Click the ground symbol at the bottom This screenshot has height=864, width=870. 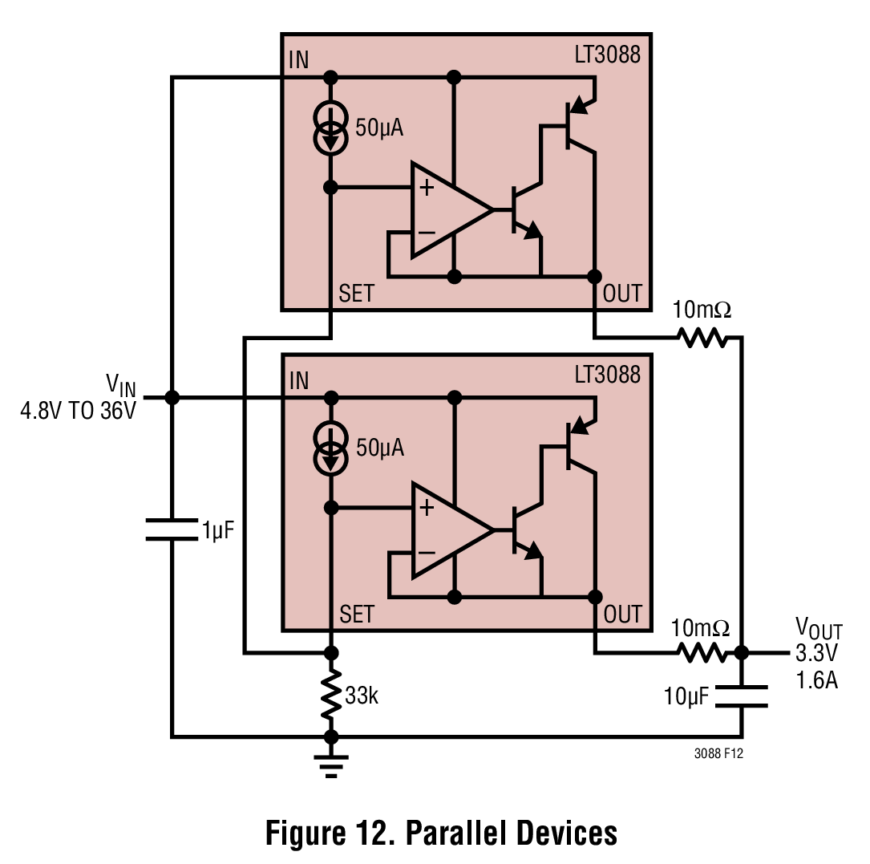tap(330, 765)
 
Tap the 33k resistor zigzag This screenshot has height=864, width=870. tap(331, 695)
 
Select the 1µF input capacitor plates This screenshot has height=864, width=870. tap(172, 529)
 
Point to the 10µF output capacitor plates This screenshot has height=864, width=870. tap(741, 696)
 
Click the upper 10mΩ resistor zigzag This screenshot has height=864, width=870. tap(702, 337)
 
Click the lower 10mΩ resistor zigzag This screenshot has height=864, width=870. tap(702, 652)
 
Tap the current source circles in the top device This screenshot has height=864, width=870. tap(330, 128)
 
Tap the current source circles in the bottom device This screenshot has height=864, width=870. tap(330, 448)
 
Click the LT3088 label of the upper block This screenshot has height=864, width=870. tap(608, 55)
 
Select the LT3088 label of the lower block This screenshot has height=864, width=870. tap(608, 375)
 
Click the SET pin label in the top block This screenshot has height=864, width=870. tap(357, 294)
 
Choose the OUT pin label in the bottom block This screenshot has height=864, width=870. tap(622, 615)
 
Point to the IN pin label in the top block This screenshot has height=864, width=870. tap(298, 60)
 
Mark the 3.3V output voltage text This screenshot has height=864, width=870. tap(816, 653)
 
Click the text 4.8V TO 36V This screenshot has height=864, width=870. tap(79, 411)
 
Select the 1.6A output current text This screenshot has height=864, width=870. tap(816, 680)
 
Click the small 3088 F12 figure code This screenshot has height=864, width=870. tap(718, 753)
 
